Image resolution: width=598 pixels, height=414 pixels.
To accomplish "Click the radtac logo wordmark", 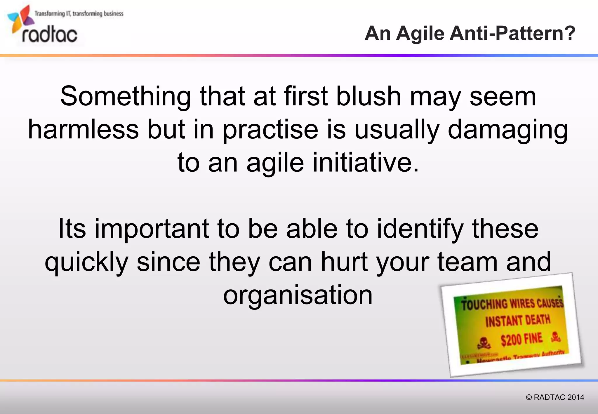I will click(x=50, y=35).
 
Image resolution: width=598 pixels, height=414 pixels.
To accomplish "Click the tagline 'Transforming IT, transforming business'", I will click(x=79, y=13).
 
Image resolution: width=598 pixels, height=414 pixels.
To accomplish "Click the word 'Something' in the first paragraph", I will click(x=126, y=96).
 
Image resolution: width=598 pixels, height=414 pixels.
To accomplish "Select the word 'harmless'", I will click(x=84, y=129).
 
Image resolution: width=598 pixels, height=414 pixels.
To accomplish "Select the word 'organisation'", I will click(x=298, y=295).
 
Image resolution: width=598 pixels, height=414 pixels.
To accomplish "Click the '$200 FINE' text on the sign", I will click(x=521, y=339).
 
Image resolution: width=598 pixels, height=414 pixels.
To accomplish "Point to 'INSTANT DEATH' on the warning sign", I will click(x=518, y=321).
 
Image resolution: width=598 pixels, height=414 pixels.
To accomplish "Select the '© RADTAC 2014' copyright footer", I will click(x=555, y=397).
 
